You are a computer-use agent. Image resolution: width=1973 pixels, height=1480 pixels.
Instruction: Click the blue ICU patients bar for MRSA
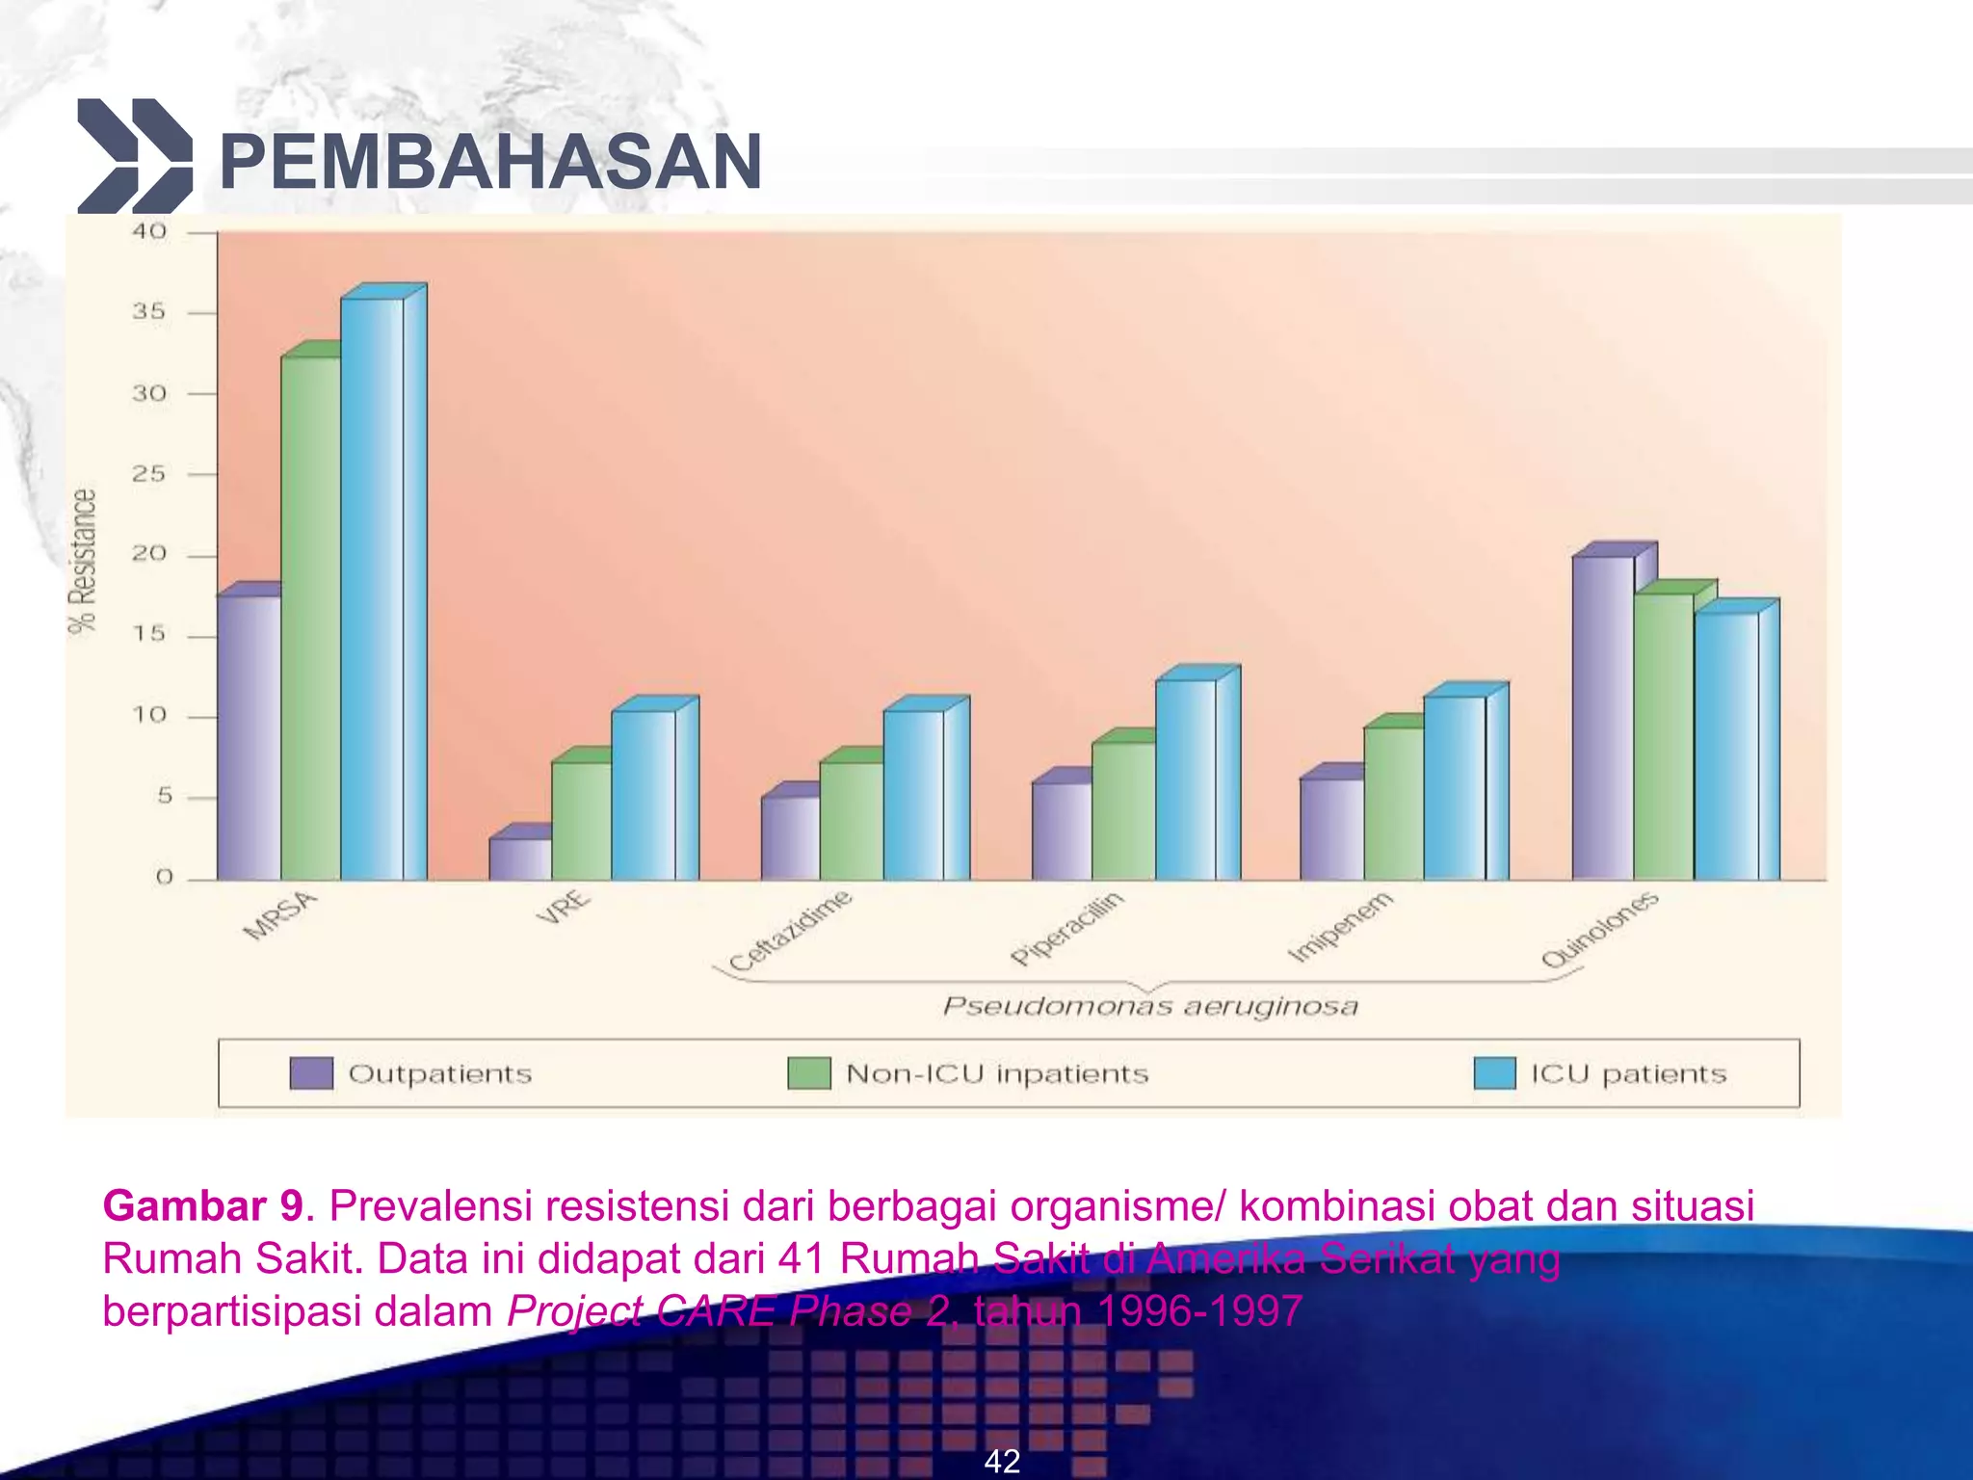pyautogui.click(x=372, y=588)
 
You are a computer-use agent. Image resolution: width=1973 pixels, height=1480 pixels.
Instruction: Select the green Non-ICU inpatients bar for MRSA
pyautogui.click(x=310, y=617)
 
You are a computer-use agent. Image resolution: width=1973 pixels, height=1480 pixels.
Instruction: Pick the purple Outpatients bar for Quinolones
pyautogui.click(x=1602, y=718)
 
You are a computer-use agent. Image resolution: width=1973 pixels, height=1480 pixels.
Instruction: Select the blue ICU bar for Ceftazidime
pyautogui.click(x=913, y=794)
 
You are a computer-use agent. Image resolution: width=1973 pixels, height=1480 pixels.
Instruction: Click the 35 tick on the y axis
pyautogui.click(x=149, y=312)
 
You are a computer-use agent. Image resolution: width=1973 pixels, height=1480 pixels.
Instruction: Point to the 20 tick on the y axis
pyautogui.click(x=149, y=554)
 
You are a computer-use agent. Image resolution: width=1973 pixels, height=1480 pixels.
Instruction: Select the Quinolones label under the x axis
pyautogui.click(x=1599, y=929)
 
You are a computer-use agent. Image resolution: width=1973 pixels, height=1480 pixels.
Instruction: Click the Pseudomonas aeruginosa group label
pyautogui.click(x=1150, y=1007)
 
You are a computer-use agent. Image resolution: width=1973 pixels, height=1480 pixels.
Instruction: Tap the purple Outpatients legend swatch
pyautogui.click(x=311, y=1073)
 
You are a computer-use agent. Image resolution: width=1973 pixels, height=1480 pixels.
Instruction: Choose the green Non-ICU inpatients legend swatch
pyautogui.click(x=808, y=1073)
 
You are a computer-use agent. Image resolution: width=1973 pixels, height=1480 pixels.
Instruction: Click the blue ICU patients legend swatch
pyautogui.click(x=1494, y=1073)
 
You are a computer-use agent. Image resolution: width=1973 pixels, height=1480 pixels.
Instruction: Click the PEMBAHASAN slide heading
pyautogui.click(x=490, y=162)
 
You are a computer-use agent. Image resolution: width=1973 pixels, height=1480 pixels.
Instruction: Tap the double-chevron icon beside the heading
pyautogui.click(x=134, y=155)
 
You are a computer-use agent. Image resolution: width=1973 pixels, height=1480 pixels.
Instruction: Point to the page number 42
pyautogui.click(x=1002, y=1461)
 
